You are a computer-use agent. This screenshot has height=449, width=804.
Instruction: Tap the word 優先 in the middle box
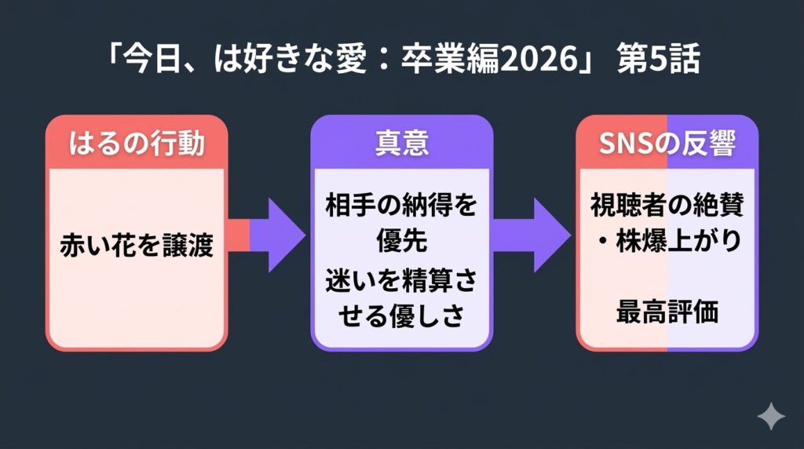(x=401, y=241)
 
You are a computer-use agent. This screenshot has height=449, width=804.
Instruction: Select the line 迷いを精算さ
(x=401, y=282)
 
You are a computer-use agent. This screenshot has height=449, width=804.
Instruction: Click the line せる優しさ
(x=401, y=316)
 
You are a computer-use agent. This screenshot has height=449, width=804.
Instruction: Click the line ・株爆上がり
(x=667, y=241)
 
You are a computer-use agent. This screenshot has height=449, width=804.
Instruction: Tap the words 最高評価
(x=667, y=312)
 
